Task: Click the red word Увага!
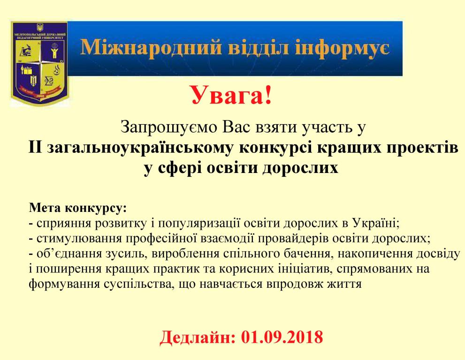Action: (x=231, y=95)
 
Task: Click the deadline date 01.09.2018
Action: (x=282, y=337)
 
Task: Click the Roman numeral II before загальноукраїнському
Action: (x=35, y=148)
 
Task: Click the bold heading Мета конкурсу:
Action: (x=78, y=208)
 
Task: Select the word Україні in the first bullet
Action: (x=376, y=223)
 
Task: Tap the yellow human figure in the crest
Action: (x=54, y=51)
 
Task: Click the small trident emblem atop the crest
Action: (x=39, y=28)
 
